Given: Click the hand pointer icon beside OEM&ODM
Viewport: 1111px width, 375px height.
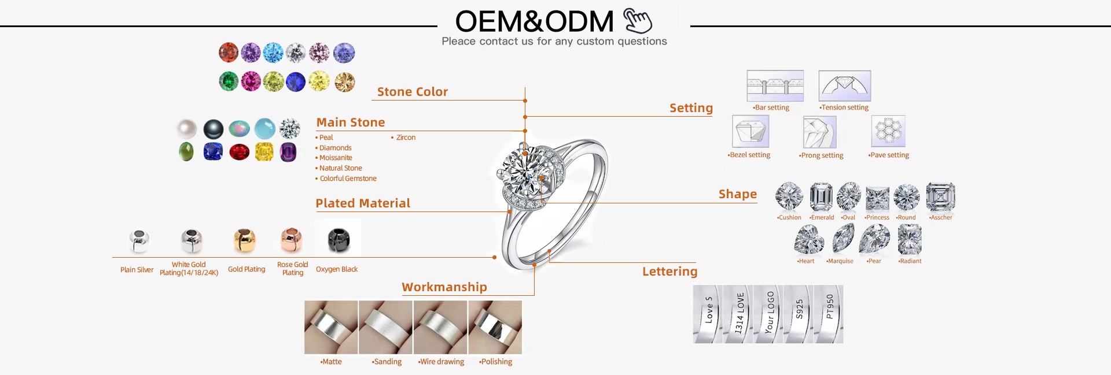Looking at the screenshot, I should (638, 21).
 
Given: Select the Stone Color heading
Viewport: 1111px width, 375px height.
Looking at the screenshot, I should (412, 92).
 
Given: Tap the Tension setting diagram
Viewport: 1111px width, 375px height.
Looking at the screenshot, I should (844, 86).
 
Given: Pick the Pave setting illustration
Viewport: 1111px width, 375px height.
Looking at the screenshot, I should (888, 131).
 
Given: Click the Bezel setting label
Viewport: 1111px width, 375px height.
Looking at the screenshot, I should (749, 155).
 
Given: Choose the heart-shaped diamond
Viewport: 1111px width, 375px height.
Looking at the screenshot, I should (808, 240).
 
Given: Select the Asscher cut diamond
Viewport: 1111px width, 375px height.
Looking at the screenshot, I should (940, 197).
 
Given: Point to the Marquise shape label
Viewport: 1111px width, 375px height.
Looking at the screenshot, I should (840, 261).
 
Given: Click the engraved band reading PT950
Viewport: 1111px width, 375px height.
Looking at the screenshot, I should (829, 314).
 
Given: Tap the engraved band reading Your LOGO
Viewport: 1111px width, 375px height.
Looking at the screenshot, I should (769, 314).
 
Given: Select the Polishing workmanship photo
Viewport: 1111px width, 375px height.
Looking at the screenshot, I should (495, 327).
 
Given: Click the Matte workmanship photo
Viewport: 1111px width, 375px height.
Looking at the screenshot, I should (331, 327).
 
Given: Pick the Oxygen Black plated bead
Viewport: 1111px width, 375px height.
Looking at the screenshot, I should (339, 240).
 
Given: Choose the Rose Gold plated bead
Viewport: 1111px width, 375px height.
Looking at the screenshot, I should (292, 240).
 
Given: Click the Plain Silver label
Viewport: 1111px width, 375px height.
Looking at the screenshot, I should (137, 270).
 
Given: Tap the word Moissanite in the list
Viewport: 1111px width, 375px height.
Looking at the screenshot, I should (336, 158).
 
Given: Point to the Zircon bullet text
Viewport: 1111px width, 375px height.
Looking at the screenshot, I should (406, 138).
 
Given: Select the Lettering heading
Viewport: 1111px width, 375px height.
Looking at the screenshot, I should (669, 272).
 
